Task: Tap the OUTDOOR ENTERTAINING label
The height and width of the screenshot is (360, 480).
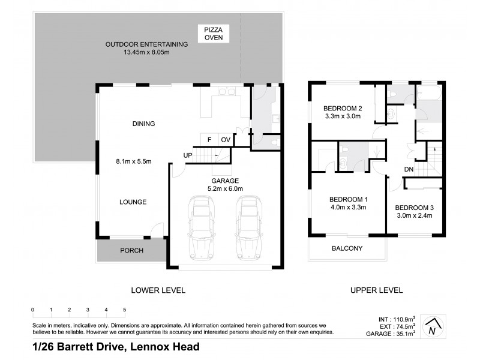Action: click(x=147, y=44)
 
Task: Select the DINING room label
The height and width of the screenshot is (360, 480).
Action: click(x=143, y=124)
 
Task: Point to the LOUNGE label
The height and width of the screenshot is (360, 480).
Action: click(x=133, y=202)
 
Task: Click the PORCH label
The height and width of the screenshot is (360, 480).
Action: click(x=132, y=250)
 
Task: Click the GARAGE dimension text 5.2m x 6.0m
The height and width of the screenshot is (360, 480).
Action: click(x=225, y=188)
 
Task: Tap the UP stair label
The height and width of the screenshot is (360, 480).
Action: click(x=188, y=156)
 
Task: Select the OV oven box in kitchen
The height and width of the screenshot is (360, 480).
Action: click(x=226, y=140)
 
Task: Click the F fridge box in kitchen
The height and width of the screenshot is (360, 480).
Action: click(x=209, y=140)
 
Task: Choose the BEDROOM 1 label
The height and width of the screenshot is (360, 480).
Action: click(x=348, y=199)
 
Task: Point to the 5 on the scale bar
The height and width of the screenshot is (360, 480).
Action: click(x=125, y=310)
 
